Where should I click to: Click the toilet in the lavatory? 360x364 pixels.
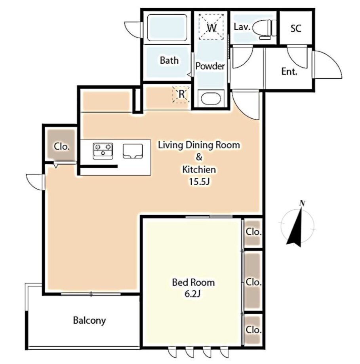(267, 29)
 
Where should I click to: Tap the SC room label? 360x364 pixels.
(296, 28)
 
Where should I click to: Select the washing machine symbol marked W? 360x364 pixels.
(211, 27)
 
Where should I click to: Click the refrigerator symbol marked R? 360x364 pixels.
(181, 95)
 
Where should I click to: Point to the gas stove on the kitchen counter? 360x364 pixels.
(103, 151)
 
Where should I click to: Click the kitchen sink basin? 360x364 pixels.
(133, 151)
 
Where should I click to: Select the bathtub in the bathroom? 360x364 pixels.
(167, 28)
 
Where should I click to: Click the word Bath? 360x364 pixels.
(169, 61)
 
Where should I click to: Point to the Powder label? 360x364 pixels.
(210, 66)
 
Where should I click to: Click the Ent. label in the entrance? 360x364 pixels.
(290, 71)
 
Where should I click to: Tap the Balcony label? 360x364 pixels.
(90, 320)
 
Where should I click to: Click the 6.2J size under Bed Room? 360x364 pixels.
(192, 294)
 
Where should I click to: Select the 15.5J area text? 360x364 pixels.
(199, 182)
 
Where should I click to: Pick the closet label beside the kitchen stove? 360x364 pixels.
(62, 146)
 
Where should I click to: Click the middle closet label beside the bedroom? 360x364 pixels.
(253, 282)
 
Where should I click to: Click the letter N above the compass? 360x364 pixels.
(302, 203)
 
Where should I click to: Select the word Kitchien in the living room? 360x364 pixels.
(199, 169)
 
